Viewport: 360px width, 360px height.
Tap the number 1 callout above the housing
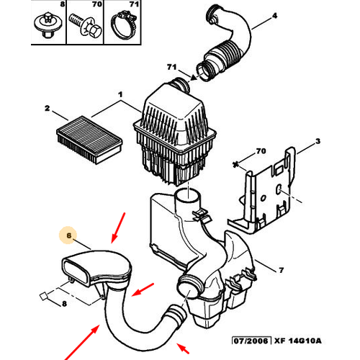pos(120,95)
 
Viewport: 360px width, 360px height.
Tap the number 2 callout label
pos(47,109)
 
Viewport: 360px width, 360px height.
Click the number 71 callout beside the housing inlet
pos(171,67)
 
